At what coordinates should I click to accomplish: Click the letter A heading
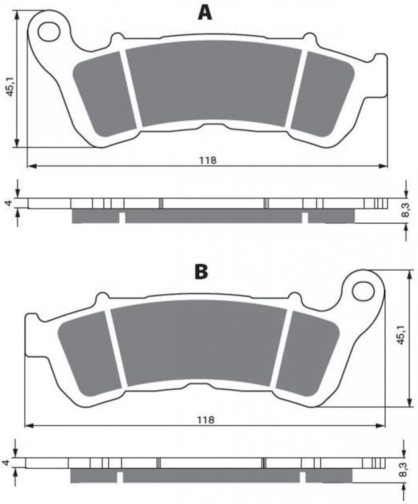pos(205,13)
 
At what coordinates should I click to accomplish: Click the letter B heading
pos(201,272)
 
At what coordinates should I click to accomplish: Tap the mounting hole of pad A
pos(49,31)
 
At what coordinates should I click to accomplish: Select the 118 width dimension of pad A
pos(208,160)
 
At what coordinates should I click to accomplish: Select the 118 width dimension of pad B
pos(205,419)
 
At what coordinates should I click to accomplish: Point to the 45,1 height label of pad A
pos(11,86)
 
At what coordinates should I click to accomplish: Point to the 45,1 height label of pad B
pos(400,335)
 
